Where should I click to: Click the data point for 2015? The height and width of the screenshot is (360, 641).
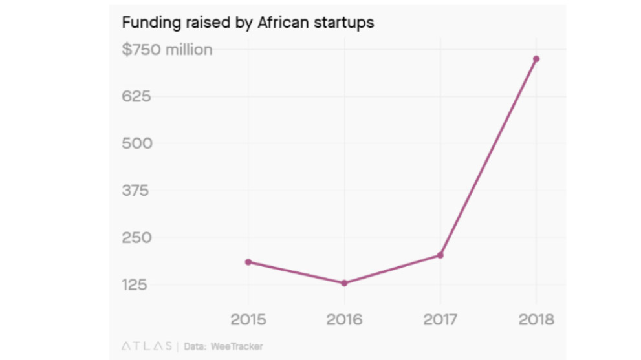[x=248, y=262]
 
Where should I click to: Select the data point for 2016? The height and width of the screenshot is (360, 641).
[x=344, y=283]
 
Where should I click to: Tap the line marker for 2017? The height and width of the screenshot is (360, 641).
[x=440, y=255]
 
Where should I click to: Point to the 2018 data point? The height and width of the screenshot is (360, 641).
[x=536, y=59]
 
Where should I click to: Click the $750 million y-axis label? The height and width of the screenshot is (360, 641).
[x=167, y=50]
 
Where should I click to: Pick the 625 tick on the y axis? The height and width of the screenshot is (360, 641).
[x=136, y=97]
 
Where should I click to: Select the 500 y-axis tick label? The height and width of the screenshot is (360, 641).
[x=137, y=143]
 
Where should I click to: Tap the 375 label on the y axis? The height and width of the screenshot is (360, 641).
[x=136, y=191]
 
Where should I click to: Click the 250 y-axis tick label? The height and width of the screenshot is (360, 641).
[x=137, y=237]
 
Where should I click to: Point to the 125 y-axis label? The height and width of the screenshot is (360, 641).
[x=136, y=284]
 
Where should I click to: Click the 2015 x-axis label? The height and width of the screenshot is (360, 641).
[x=248, y=319]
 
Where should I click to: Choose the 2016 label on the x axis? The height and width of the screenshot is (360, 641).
[x=344, y=319]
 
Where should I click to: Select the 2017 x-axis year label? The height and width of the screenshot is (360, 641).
[x=440, y=319]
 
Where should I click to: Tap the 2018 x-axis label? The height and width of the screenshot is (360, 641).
[x=536, y=319]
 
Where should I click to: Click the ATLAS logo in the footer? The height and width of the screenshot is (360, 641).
[x=147, y=346]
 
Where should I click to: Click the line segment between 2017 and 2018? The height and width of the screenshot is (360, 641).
[x=488, y=157]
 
